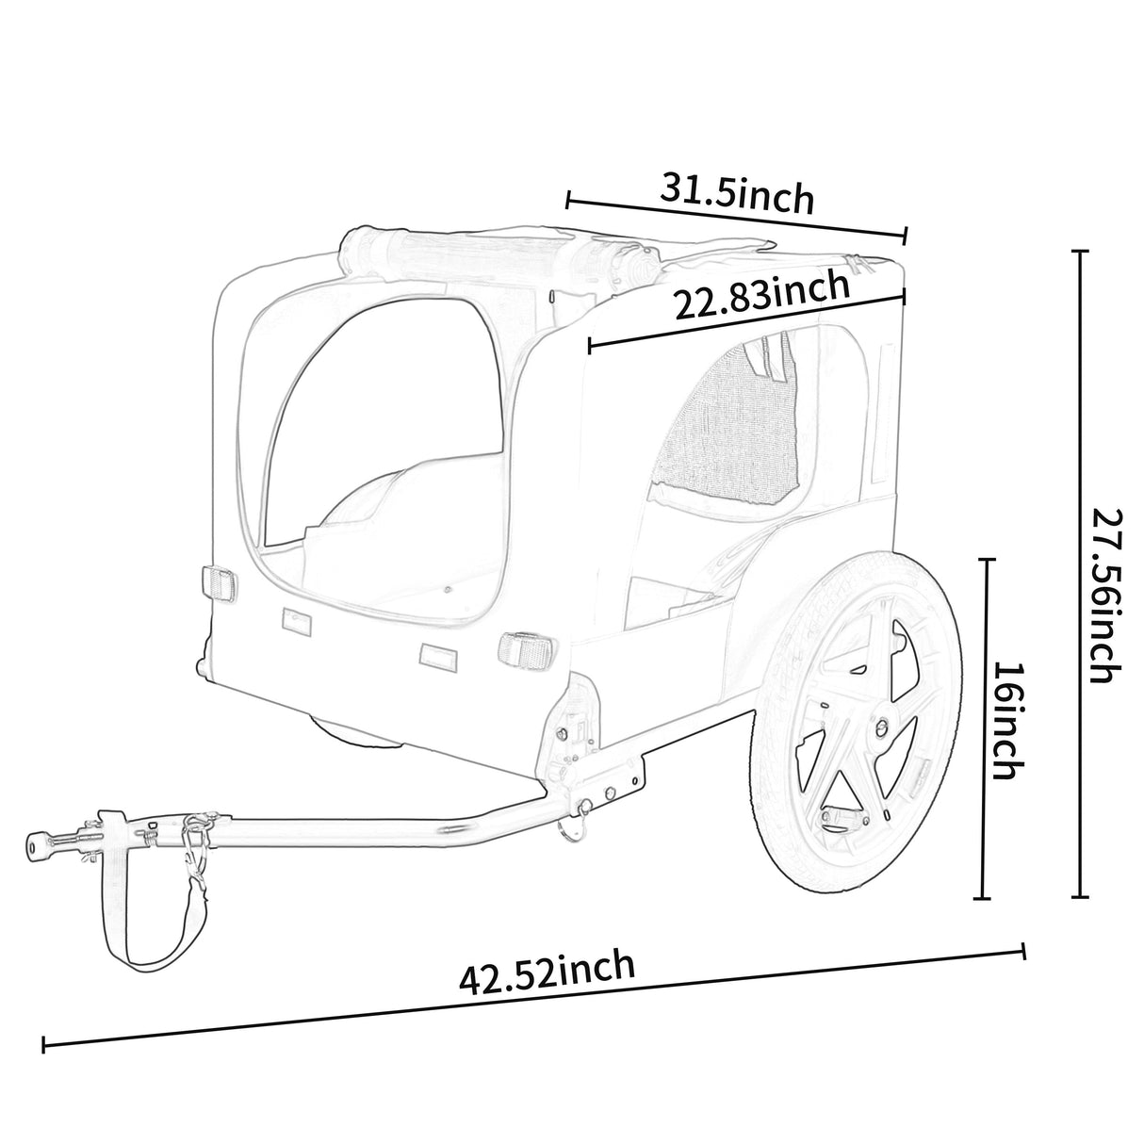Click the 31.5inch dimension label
(736, 193)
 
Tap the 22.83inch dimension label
(760, 296)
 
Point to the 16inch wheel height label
(1006, 720)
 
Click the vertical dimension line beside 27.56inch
(1081, 575)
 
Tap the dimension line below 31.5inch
(736, 216)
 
